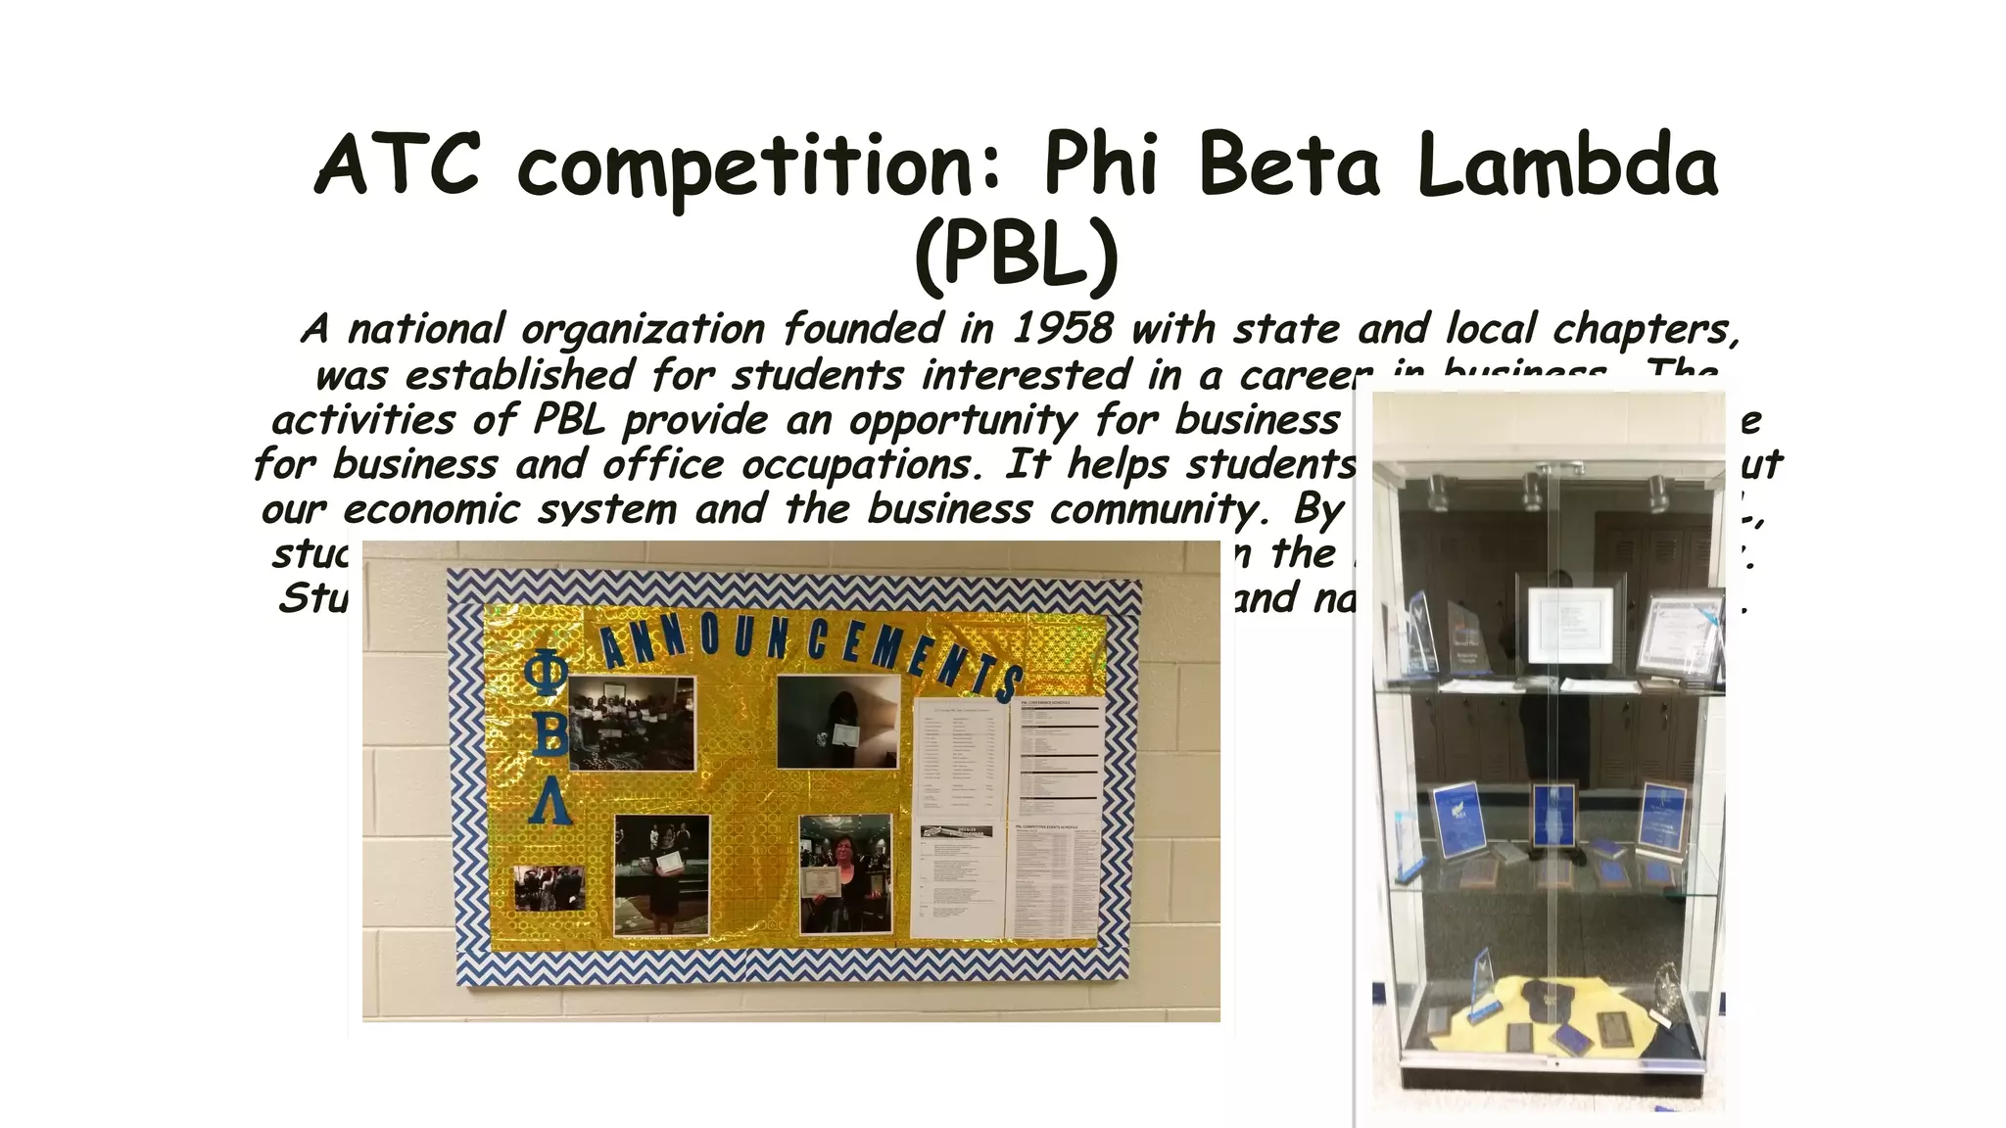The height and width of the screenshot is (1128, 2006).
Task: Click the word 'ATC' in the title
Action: [398, 164]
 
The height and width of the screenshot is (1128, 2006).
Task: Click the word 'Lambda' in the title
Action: [1566, 164]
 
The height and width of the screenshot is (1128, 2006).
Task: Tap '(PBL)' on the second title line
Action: [1016, 253]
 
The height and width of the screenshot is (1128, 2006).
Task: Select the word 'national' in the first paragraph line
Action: [426, 329]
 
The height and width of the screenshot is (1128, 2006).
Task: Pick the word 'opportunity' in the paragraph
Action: [963, 421]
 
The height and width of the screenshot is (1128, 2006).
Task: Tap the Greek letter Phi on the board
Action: [546, 673]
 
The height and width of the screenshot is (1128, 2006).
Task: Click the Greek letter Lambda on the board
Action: [550, 800]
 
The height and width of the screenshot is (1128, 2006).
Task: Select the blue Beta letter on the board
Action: [549, 734]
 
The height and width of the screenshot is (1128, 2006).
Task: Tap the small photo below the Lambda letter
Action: [549, 887]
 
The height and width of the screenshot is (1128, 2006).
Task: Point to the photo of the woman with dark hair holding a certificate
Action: [845, 873]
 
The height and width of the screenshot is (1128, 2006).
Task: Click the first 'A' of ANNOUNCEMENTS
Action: [614, 647]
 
